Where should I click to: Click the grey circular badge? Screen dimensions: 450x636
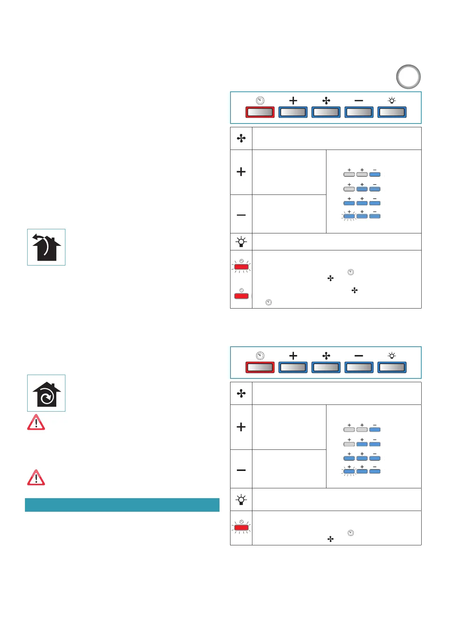click(x=408, y=77)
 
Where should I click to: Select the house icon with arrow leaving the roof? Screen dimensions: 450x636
click(x=46, y=247)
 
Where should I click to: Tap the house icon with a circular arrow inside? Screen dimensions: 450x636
click(x=46, y=393)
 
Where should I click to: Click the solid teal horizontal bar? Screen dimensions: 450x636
click(x=122, y=505)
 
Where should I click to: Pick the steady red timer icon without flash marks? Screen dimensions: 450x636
click(x=241, y=295)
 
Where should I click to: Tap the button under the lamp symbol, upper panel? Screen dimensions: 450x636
click(x=392, y=112)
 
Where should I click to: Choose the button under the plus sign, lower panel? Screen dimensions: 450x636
click(x=293, y=367)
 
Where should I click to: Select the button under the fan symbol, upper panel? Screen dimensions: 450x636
click(x=326, y=112)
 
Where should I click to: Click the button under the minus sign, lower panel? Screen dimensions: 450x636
click(x=359, y=367)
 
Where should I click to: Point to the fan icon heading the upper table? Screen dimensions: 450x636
click(x=241, y=139)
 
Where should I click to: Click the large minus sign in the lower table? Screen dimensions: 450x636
click(x=241, y=470)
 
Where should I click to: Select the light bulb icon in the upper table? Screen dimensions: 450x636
click(x=241, y=242)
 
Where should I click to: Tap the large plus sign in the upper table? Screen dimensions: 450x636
click(x=241, y=172)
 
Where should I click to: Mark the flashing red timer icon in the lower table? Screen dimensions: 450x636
click(x=241, y=527)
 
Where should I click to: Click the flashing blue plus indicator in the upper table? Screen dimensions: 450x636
click(x=349, y=216)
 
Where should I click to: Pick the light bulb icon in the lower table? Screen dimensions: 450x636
click(x=241, y=500)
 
